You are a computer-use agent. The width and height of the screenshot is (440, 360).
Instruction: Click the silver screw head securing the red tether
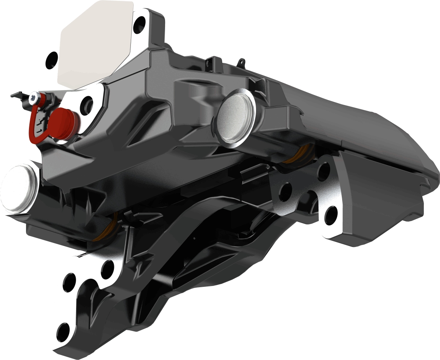[36, 96]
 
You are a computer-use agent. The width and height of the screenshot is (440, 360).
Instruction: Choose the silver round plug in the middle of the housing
[235, 116]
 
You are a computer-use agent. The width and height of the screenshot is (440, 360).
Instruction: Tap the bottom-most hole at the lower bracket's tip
[63, 331]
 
